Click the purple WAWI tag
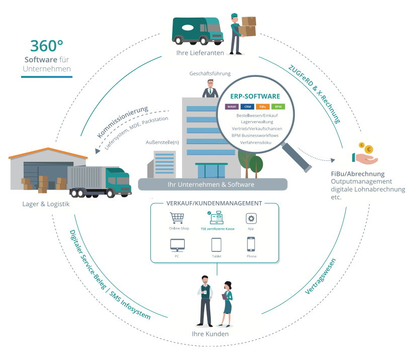click(x=232, y=107)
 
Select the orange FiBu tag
click(x=263, y=107)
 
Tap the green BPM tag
click(x=278, y=107)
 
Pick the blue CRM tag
click(x=248, y=107)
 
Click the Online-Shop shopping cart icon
click(x=177, y=219)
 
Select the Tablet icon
click(x=216, y=245)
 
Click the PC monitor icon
click(x=177, y=245)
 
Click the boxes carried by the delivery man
click(x=248, y=26)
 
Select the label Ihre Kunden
click(x=210, y=334)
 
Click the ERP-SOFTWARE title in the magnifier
click(x=255, y=96)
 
